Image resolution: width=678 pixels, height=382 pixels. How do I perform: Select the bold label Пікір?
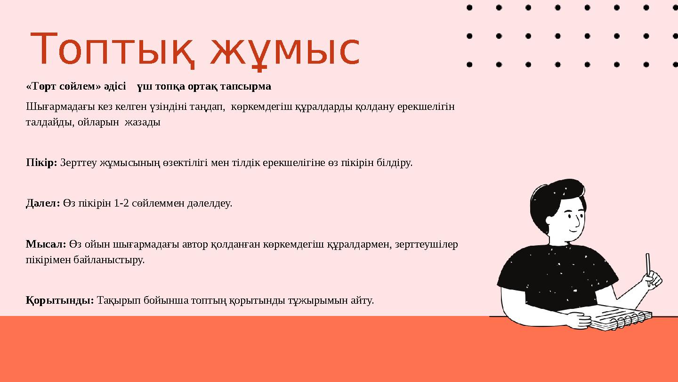(41, 163)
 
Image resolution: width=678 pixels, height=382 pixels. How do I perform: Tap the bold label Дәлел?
(42, 204)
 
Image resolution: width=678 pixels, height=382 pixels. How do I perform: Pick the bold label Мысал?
(46, 244)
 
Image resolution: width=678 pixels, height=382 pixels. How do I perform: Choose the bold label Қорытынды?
(60, 300)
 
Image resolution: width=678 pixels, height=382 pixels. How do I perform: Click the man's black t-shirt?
(556, 278)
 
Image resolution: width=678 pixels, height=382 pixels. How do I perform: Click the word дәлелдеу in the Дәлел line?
(210, 204)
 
